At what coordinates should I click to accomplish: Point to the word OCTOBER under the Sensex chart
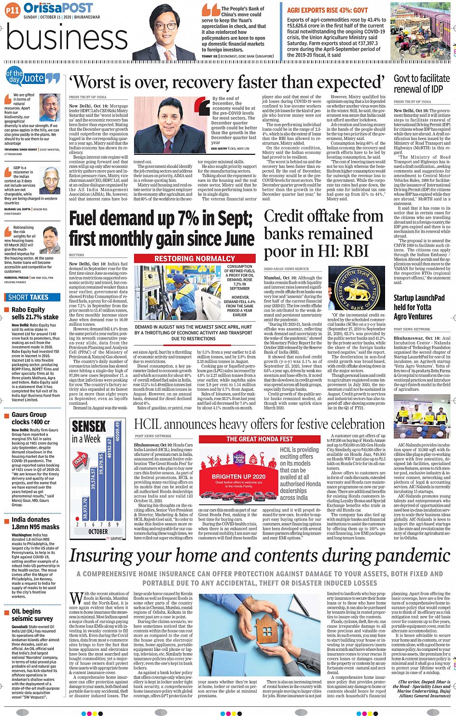click(x=98, y=531)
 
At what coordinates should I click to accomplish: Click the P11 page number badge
click(x=13, y=9)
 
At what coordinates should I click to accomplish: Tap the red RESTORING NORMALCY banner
click(x=194, y=259)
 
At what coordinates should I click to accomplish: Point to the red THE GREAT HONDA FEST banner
click(x=260, y=439)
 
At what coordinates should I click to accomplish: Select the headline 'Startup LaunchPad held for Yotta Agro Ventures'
click(x=419, y=307)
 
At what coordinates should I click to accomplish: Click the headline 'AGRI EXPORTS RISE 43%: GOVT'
click(x=327, y=10)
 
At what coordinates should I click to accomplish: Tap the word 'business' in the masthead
click(x=67, y=39)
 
